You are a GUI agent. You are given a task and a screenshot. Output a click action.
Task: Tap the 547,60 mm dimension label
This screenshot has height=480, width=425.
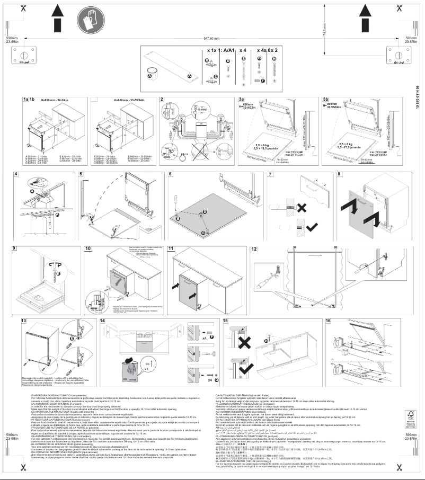click(x=211, y=39)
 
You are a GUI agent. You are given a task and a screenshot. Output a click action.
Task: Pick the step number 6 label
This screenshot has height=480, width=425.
click(x=171, y=174)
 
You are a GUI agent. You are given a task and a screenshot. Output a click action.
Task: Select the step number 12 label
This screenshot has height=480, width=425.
click(x=254, y=248)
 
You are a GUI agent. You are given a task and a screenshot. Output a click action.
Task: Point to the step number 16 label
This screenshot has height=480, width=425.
click(x=329, y=321)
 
